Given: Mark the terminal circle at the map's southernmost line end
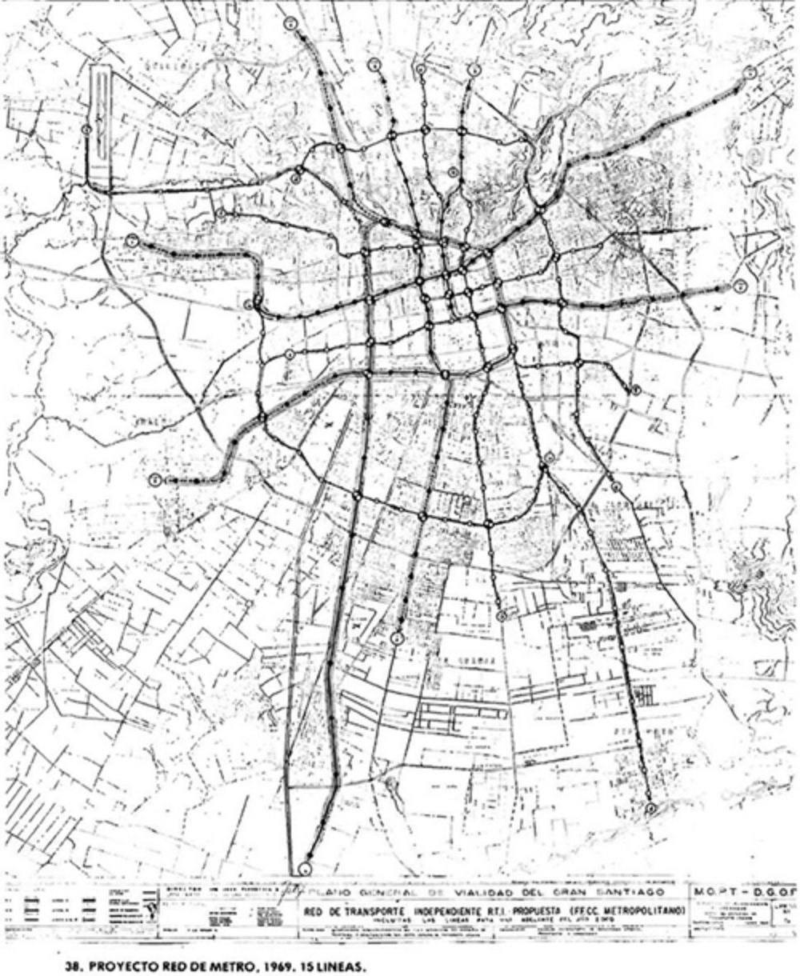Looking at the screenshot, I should click(x=304, y=868).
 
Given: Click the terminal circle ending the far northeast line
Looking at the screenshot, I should click(x=750, y=72).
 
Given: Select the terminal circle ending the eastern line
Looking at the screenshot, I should click(x=742, y=286).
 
